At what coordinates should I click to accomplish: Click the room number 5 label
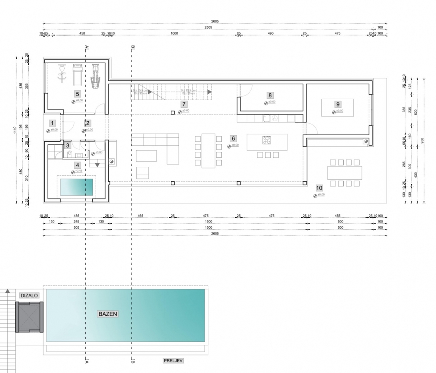pos(77,94)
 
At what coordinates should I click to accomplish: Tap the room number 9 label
pos(338,104)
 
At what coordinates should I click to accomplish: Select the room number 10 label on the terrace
pos(319,188)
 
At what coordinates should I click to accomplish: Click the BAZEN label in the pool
pos(108,314)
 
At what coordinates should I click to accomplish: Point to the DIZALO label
pos(29,296)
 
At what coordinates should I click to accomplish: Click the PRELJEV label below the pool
pos(173,361)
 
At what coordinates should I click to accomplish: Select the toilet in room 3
pos(70,154)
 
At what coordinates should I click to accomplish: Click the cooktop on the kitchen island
pos(267,140)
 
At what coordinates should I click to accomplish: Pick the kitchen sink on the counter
pos(266,119)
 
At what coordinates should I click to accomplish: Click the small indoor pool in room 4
pos(76,187)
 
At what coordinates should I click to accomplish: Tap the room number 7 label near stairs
pos(184,104)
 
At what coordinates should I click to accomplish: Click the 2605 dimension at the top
pos(214,21)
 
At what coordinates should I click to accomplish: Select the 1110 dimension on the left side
pos(15,130)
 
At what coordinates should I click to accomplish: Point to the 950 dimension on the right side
pos(422,141)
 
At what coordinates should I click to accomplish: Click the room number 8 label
pos(270,96)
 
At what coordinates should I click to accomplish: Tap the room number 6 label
pos(233,138)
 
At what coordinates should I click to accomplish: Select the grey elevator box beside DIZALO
pos(29,317)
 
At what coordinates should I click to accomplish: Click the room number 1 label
pos(52,123)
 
